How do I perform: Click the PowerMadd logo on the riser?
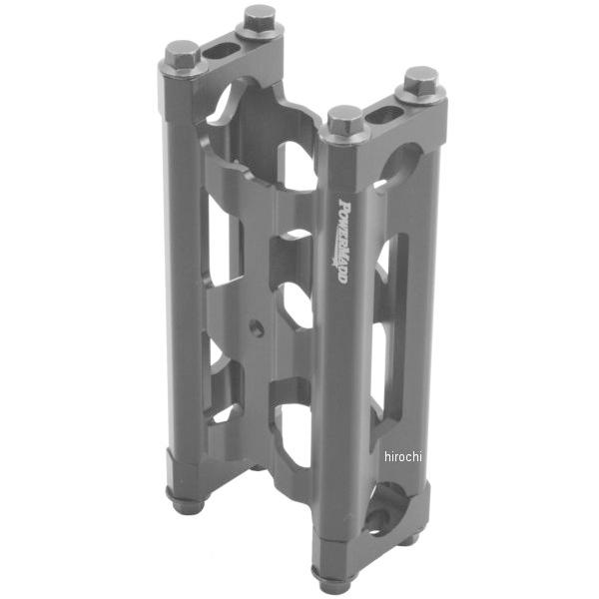(342, 241)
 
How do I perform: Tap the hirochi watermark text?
(403, 456)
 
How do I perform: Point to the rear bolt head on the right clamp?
(420, 81)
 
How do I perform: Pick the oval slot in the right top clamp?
(384, 114)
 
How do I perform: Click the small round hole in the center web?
(258, 327)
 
